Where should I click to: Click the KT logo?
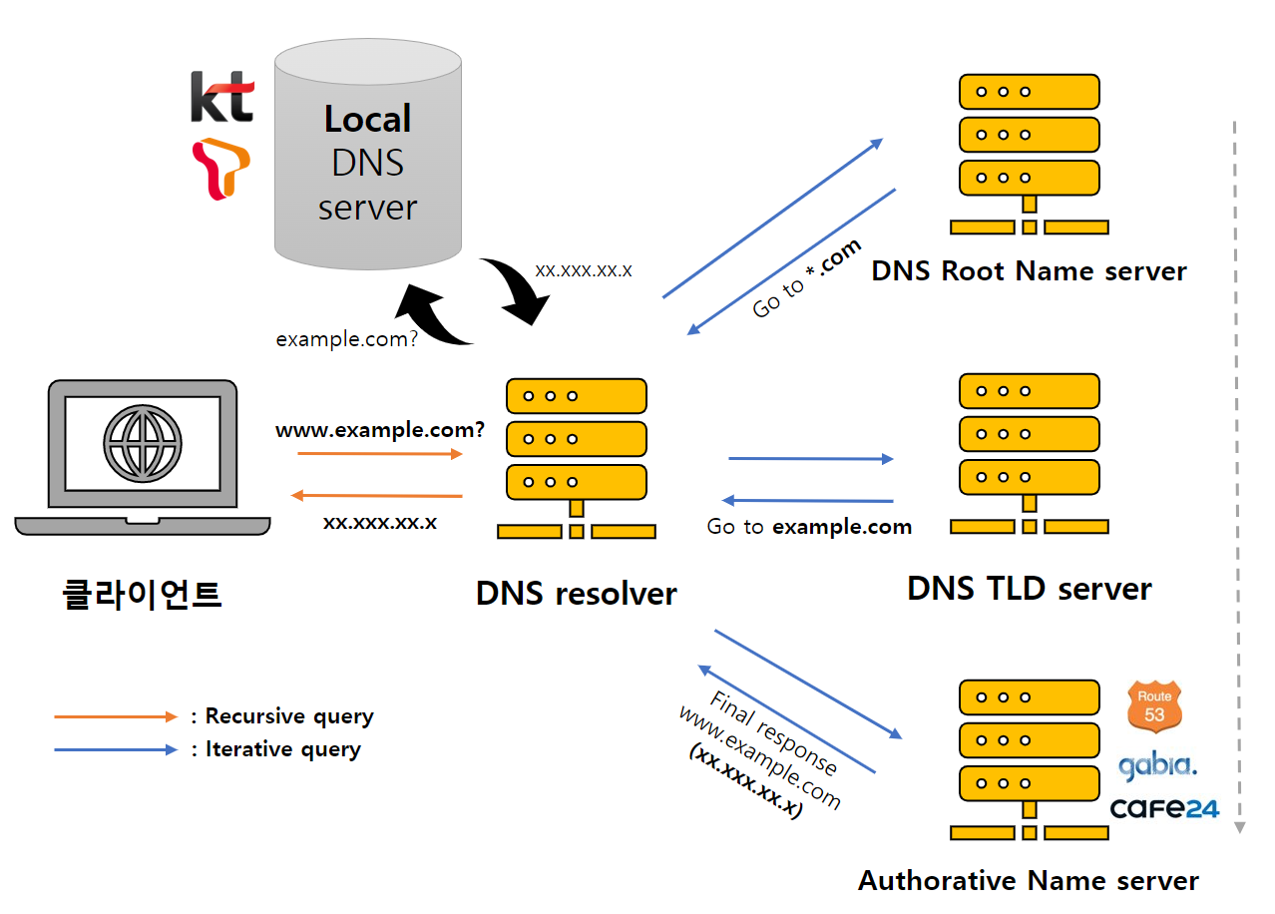222,97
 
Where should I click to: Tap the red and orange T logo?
220,169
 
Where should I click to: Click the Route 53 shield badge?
1154,706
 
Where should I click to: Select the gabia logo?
1157,765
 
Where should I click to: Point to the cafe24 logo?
1164,808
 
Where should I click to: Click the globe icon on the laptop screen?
143,443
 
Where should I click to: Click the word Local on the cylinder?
368,119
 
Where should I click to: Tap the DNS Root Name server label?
1030,270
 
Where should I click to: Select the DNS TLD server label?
1030,589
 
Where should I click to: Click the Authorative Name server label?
1029,881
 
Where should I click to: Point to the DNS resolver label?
577,594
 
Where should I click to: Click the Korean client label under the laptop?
142,595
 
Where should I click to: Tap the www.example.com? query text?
380,430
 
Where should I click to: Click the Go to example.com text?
809,527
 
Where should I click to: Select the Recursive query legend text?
289,716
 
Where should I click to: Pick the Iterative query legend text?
283,749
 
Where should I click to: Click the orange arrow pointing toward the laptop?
376,496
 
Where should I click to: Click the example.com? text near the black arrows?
346,340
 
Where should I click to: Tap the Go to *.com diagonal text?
806,278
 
